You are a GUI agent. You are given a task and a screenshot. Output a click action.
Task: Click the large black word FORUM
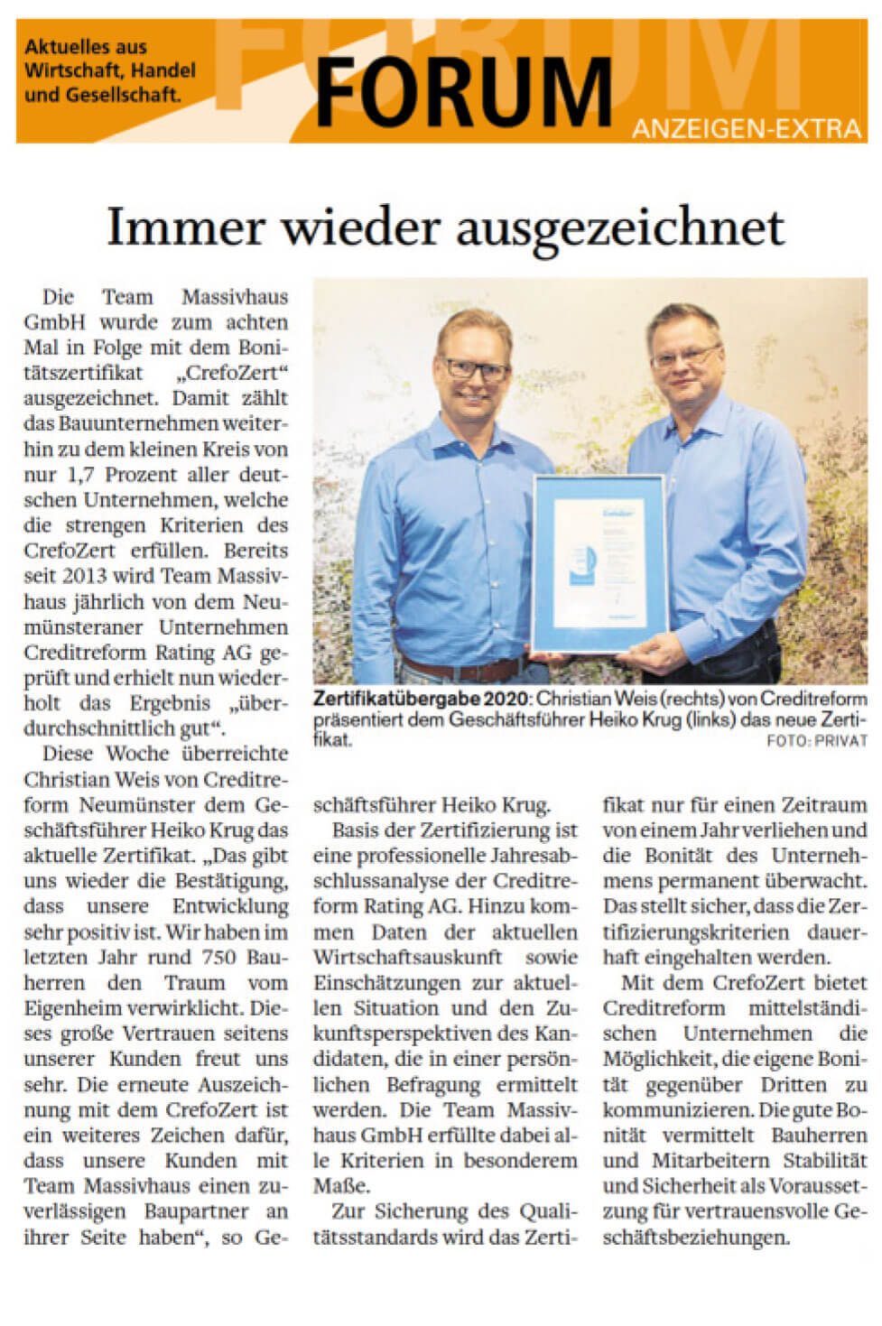463,92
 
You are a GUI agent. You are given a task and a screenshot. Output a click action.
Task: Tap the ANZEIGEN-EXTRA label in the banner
747,129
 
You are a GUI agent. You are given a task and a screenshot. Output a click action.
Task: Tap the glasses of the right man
685,355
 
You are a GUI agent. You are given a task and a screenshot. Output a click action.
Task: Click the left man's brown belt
460,669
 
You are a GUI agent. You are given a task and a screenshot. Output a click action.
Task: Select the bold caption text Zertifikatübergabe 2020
422,699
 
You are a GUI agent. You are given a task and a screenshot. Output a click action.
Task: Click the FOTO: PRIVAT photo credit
817,741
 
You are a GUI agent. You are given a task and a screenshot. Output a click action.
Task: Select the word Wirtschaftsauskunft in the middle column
407,957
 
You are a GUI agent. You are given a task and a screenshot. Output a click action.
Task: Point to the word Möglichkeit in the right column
656,1058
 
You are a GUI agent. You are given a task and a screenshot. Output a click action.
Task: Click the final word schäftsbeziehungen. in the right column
695,1237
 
